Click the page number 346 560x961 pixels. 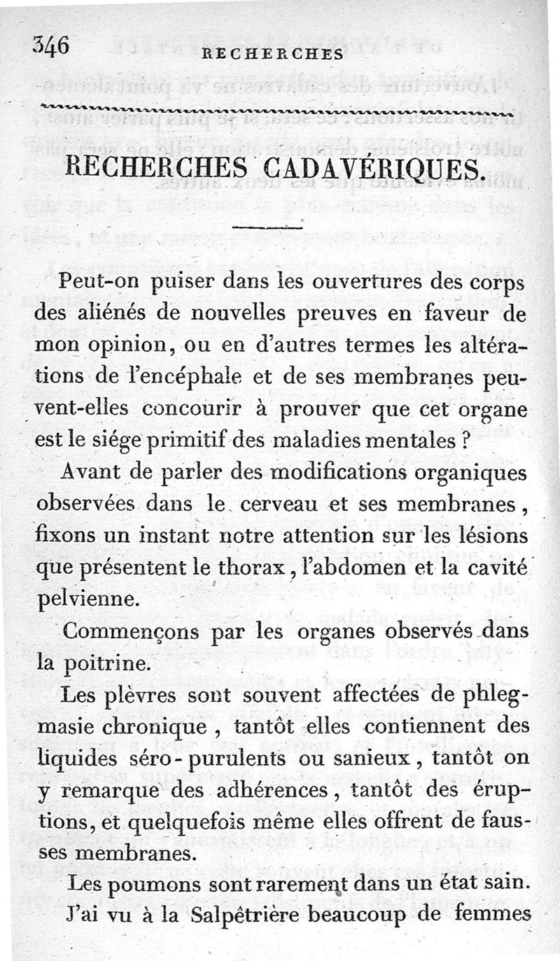click(x=50, y=46)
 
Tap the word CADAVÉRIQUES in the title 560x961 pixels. click(x=364, y=170)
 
